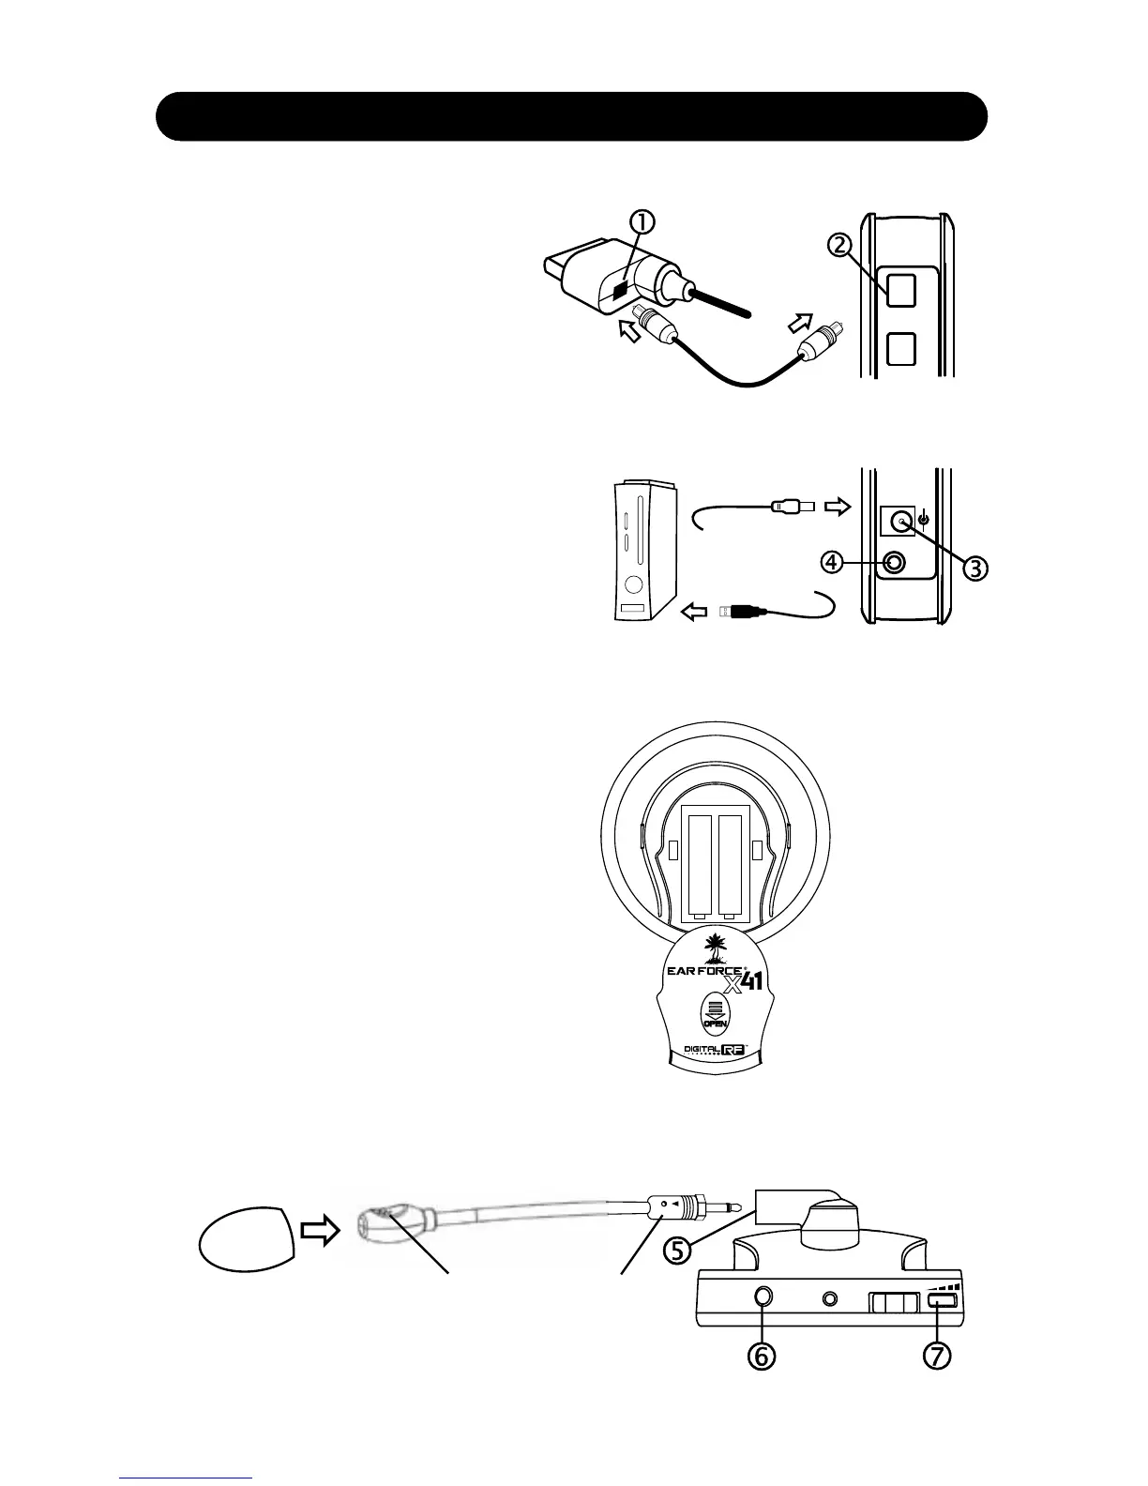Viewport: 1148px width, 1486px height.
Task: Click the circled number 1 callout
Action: tap(642, 221)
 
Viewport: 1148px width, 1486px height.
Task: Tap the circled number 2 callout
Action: tap(840, 245)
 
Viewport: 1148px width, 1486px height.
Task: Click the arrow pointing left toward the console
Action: tap(694, 613)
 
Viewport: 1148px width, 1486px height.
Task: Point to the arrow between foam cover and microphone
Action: tap(321, 1233)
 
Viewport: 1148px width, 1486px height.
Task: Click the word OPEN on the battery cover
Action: tap(715, 1023)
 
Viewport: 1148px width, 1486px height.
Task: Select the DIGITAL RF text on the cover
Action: tap(715, 1051)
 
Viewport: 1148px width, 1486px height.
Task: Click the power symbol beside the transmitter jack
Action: tap(925, 519)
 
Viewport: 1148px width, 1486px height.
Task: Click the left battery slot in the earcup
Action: tap(702, 865)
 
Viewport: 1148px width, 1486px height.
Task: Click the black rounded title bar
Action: tap(572, 116)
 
